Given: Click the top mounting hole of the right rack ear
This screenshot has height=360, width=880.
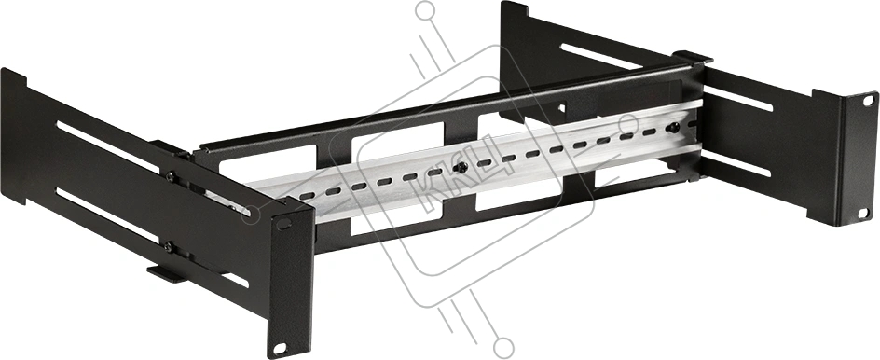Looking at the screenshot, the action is click(x=868, y=101).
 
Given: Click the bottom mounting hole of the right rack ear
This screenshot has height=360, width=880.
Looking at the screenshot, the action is click(x=863, y=214).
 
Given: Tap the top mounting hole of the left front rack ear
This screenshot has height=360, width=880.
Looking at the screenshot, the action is click(x=284, y=224).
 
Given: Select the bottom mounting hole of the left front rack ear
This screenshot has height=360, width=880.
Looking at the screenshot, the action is click(x=280, y=348).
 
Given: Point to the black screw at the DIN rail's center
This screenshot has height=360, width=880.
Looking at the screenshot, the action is click(x=461, y=167).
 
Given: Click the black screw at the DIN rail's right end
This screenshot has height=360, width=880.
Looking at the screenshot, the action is click(x=673, y=128).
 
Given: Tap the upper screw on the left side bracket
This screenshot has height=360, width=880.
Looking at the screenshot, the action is click(x=170, y=177).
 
